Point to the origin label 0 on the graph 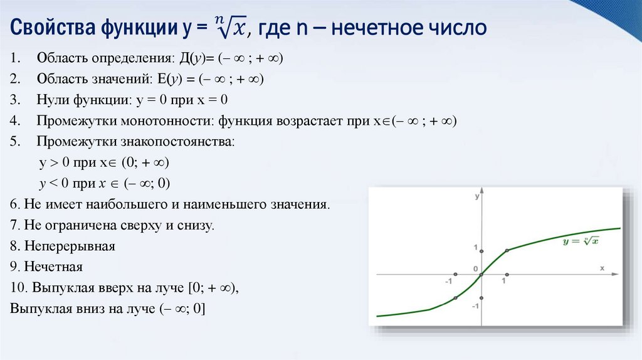pos(476,269)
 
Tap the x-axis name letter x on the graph pos(602,268)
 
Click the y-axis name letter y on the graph pos(477,197)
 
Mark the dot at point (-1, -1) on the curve pos(455,297)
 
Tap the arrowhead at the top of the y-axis pos(481,190)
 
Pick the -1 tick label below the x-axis pos(449,282)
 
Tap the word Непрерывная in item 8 pos(70,246)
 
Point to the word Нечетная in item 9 pos(53,267)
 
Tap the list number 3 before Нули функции pos(14,100)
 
